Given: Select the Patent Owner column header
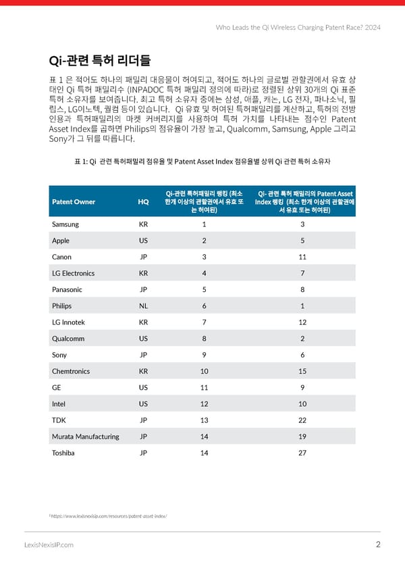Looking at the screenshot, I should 74,201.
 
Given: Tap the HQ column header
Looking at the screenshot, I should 143,201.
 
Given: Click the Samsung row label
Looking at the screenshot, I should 65,224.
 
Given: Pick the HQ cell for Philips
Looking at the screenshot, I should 143,305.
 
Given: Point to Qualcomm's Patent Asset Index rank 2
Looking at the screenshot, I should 302,338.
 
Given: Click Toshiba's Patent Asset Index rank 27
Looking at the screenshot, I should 302,453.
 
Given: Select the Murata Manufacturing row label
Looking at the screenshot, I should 85,436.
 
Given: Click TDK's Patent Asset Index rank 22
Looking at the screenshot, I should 302,420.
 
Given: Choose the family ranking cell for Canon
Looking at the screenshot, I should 204,257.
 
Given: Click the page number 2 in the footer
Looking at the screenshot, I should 378,545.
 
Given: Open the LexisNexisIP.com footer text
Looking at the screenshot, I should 49,545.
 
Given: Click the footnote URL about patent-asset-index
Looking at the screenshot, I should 109,516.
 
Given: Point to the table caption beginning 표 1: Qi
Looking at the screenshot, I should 202,161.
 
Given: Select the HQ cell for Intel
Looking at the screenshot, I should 143,403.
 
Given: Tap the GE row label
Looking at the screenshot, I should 57,387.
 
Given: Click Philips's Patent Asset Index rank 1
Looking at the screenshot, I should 302,305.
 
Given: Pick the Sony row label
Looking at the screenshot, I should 59,355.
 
